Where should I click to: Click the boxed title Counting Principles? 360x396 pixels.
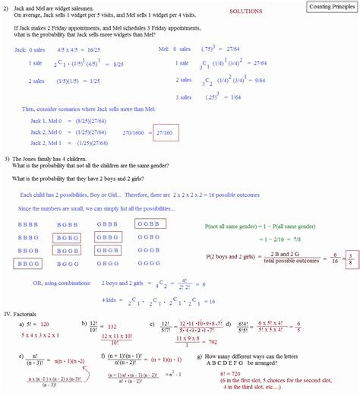[x=330, y=7]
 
